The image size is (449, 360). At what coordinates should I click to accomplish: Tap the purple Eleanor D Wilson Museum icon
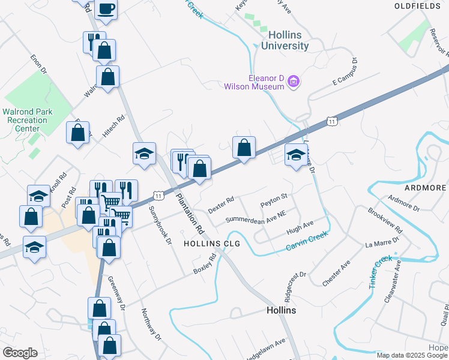tap(294, 81)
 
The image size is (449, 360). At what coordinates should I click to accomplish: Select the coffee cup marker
tap(106, 8)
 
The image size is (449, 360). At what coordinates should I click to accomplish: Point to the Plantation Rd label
tap(190, 214)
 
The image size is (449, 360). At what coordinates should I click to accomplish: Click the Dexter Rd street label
tap(220, 205)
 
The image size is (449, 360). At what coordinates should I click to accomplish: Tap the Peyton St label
tap(274, 200)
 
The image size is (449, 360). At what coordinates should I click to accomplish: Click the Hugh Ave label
tap(300, 227)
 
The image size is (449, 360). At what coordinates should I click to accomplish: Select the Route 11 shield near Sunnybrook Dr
tap(158, 196)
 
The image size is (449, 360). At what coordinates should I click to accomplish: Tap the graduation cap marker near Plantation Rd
tap(145, 154)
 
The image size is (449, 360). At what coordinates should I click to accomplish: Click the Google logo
tap(20, 353)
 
